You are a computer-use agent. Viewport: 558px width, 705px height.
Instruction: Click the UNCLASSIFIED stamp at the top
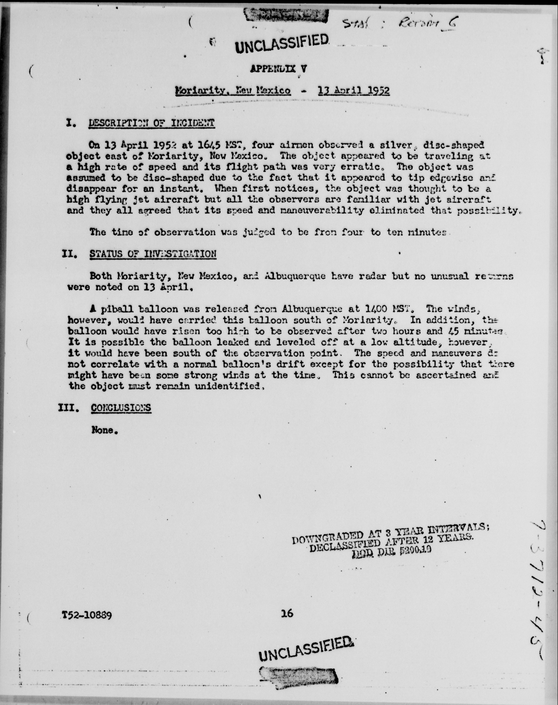click(282, 43)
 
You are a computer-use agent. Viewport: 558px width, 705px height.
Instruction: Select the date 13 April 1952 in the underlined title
click(354, 90)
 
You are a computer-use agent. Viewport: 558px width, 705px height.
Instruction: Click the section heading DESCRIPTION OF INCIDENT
click(152, 123)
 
